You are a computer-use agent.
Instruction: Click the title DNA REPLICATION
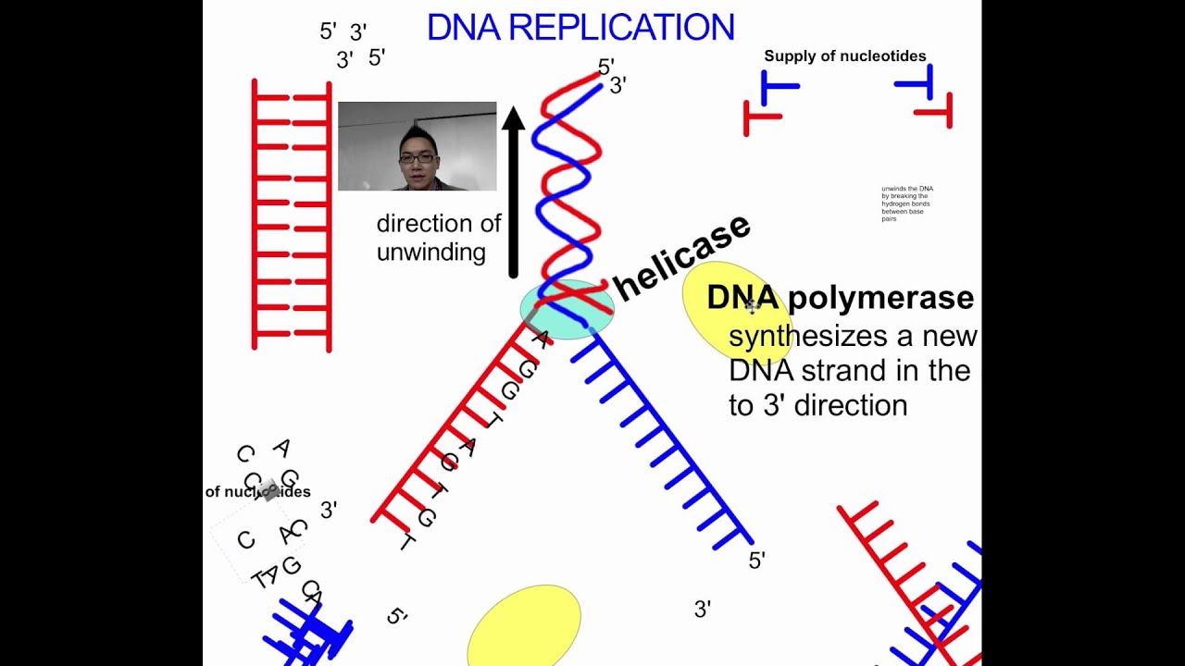point(580,28)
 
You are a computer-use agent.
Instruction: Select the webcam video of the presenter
point(417,146)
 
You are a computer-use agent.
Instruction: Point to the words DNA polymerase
point(840,298)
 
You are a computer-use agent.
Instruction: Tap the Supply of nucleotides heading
point(844,56)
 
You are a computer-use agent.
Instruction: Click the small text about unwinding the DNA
point(907,203)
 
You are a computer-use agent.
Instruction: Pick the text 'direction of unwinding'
point(438,238)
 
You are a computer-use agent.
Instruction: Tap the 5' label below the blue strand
point(756,561)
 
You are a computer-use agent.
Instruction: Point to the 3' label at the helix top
point(617,85)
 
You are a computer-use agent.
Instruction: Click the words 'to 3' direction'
point(817,405)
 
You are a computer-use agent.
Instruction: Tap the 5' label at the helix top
point(605,67)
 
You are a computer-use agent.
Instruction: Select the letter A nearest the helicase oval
point(541,338)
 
